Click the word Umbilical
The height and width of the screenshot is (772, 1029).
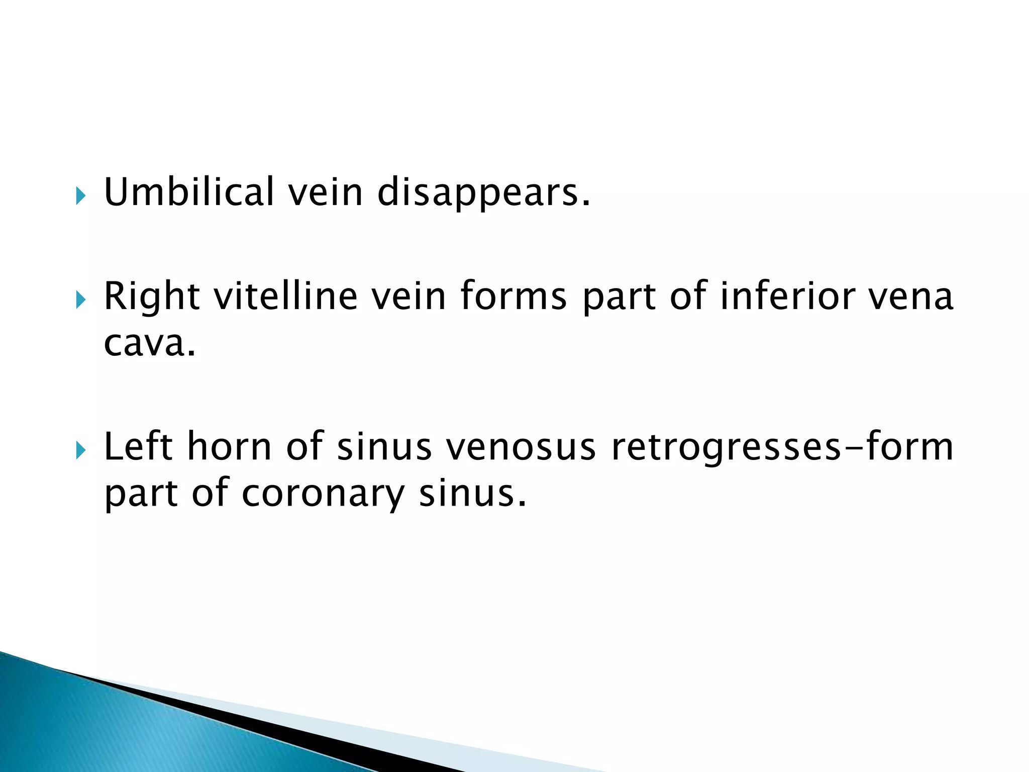coord(189,192)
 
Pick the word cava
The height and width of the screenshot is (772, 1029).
coord(149,344)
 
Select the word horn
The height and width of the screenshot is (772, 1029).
coord(229,446)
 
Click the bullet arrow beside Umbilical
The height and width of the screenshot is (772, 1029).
coord(80,195)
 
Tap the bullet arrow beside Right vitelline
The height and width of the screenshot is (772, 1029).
coord(80,300)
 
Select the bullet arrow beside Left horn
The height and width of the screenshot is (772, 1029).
coord(80,450)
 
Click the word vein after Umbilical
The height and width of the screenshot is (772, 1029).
coord(325,193)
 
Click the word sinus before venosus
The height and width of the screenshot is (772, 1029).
coord(384,446)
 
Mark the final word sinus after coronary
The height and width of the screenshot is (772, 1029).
coord(473,494)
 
